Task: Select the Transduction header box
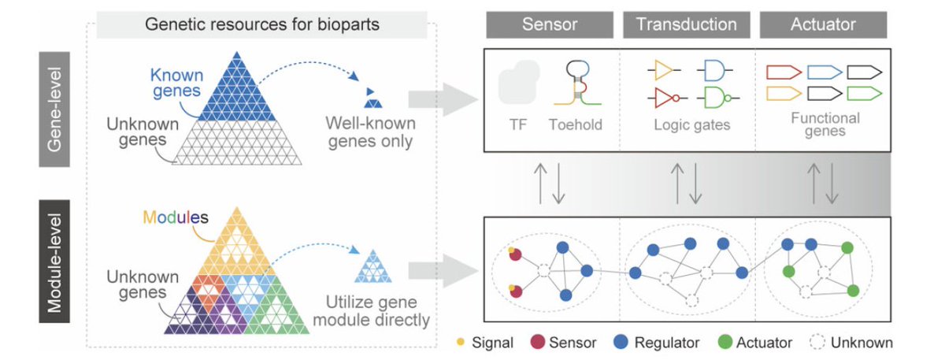click(x=686, y=25)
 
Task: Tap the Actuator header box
click(x=823, y=25)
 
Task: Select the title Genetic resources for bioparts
click(x=262, y=24)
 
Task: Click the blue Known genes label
click(x=177, y=84)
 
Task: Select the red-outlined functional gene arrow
click(x=783, y=72)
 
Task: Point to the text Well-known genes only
click(x=370, y=132)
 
